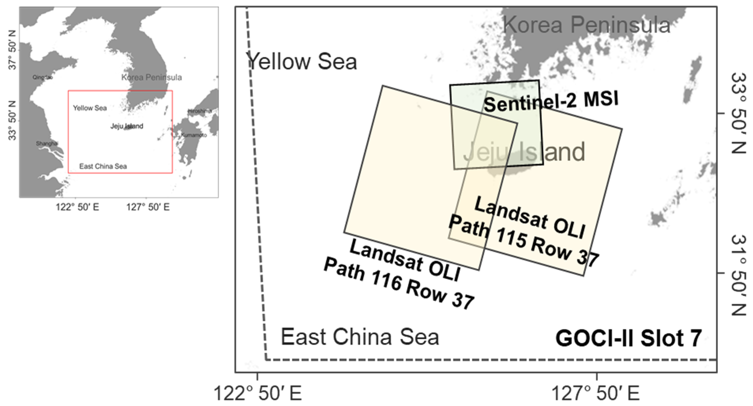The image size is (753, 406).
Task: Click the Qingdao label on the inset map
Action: (x=43, y=77)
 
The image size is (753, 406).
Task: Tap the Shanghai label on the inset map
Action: (x=47, y=144)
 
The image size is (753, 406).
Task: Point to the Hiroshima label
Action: (x=200, y=111)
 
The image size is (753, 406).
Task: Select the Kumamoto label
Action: (x=194, y=135)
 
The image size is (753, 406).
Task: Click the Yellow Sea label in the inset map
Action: (x=90, y=108)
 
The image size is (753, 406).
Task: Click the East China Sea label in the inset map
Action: (x=103, y=166)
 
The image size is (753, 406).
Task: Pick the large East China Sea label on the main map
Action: (x=360, y=337)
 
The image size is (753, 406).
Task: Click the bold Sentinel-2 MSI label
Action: (x=551, y=101)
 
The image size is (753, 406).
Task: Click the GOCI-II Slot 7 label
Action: (x=628, y=339)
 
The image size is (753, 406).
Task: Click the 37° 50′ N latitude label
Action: (x=12, y=49)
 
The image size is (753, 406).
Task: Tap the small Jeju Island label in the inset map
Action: (x=127, y=126)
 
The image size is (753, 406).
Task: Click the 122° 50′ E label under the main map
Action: (x=258, y=393)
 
